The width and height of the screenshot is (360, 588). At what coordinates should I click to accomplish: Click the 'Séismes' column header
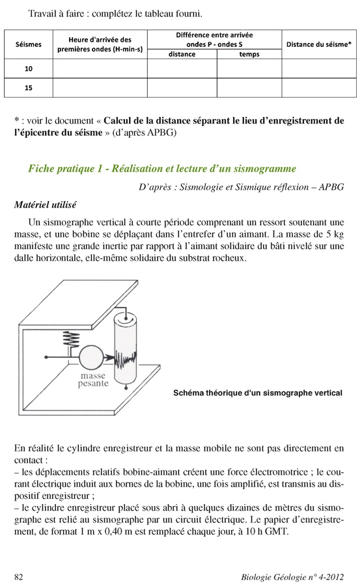(29, 44)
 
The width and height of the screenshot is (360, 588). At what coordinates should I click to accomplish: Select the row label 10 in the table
(29, 69)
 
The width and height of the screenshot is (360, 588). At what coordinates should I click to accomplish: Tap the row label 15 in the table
(29, 88)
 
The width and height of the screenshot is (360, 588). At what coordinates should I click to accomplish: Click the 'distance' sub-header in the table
(182, 54)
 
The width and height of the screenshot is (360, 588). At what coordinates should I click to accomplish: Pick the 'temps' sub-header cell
(249, 54)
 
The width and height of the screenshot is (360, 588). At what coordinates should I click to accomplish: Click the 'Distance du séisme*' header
(319, 44)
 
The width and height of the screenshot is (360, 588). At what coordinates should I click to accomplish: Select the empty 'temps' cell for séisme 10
(249, 69)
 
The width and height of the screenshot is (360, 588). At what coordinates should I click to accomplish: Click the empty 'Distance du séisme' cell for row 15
(319, 88)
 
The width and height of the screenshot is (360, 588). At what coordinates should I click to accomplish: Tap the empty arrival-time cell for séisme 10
(100, 69)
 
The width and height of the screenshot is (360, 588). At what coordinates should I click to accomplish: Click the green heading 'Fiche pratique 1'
(162, 168)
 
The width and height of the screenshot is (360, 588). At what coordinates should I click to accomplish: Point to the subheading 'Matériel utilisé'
(45, 205)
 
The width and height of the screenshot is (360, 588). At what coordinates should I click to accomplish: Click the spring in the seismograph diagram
(71, 340)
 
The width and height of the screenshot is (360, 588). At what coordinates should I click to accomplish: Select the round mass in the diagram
(91, 357)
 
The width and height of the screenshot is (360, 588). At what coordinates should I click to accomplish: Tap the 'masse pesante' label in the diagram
(93, 379)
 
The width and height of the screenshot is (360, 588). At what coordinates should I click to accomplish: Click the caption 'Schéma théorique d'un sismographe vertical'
(258, 393)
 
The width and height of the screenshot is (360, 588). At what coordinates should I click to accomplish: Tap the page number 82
(18, 577)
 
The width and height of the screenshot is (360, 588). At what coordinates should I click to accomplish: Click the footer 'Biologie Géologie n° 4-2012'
(292, 577)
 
